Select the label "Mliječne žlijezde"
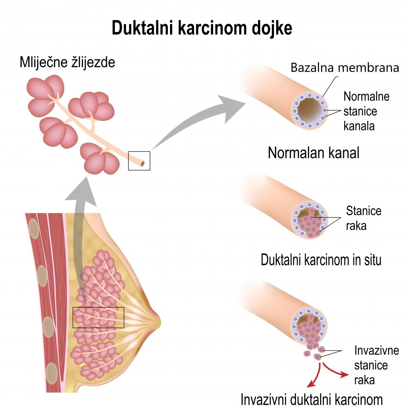coord(67,62)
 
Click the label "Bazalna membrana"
coord(345,67)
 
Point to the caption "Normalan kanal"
coord(314,153)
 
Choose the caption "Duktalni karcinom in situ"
coord(321,260)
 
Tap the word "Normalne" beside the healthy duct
coord(366,96)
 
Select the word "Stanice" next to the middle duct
coord(364,211)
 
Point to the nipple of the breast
coord(158,322)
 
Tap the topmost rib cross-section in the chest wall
coord(34,229)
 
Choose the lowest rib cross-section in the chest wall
coord(52,373)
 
